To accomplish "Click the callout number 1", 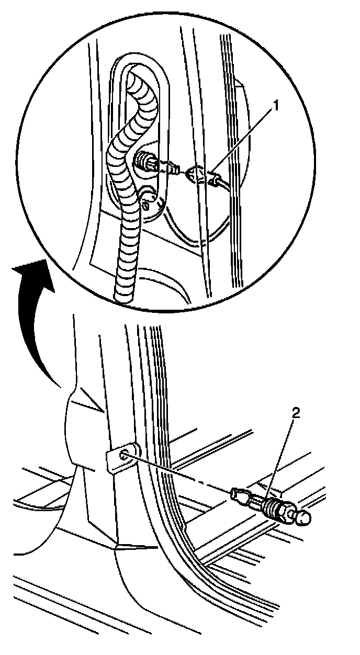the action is click(x=276, y=107).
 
